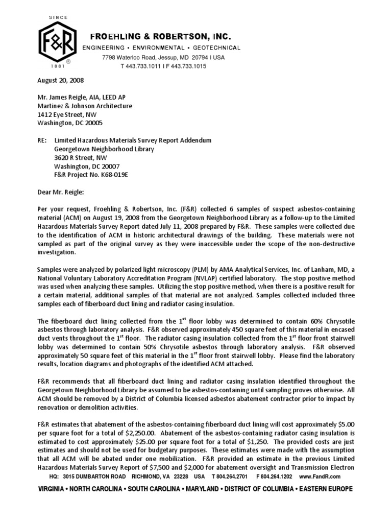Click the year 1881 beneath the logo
tap(58, 66)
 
